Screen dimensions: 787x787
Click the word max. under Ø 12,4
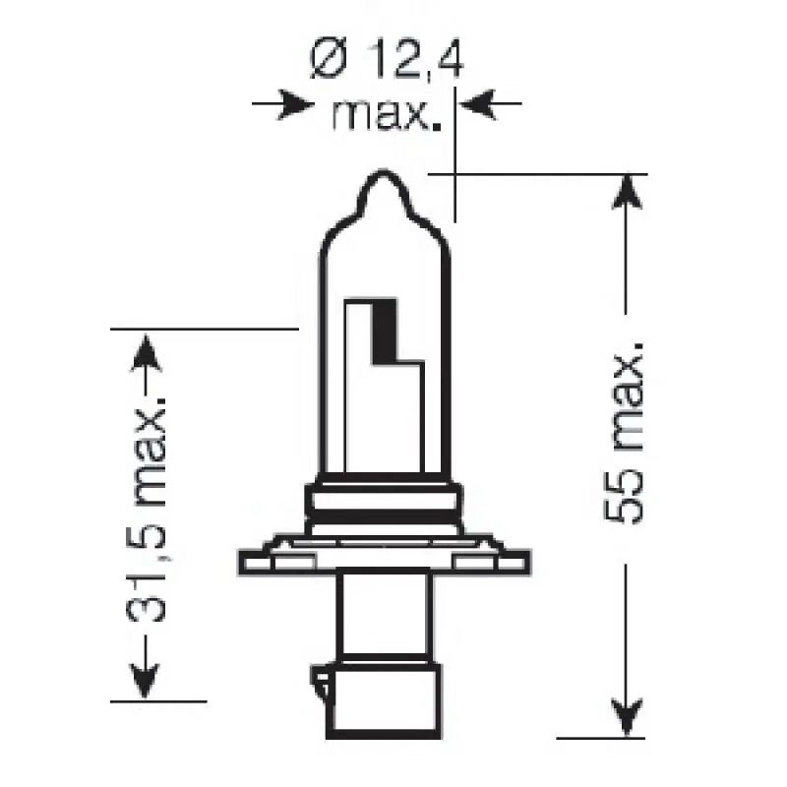(384, 116)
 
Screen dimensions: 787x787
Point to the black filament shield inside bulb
(383, 330)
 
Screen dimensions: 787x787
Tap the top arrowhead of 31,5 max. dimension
(145, 349)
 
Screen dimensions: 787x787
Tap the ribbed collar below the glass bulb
(386, 501)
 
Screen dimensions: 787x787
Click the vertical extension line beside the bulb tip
(454, 157)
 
